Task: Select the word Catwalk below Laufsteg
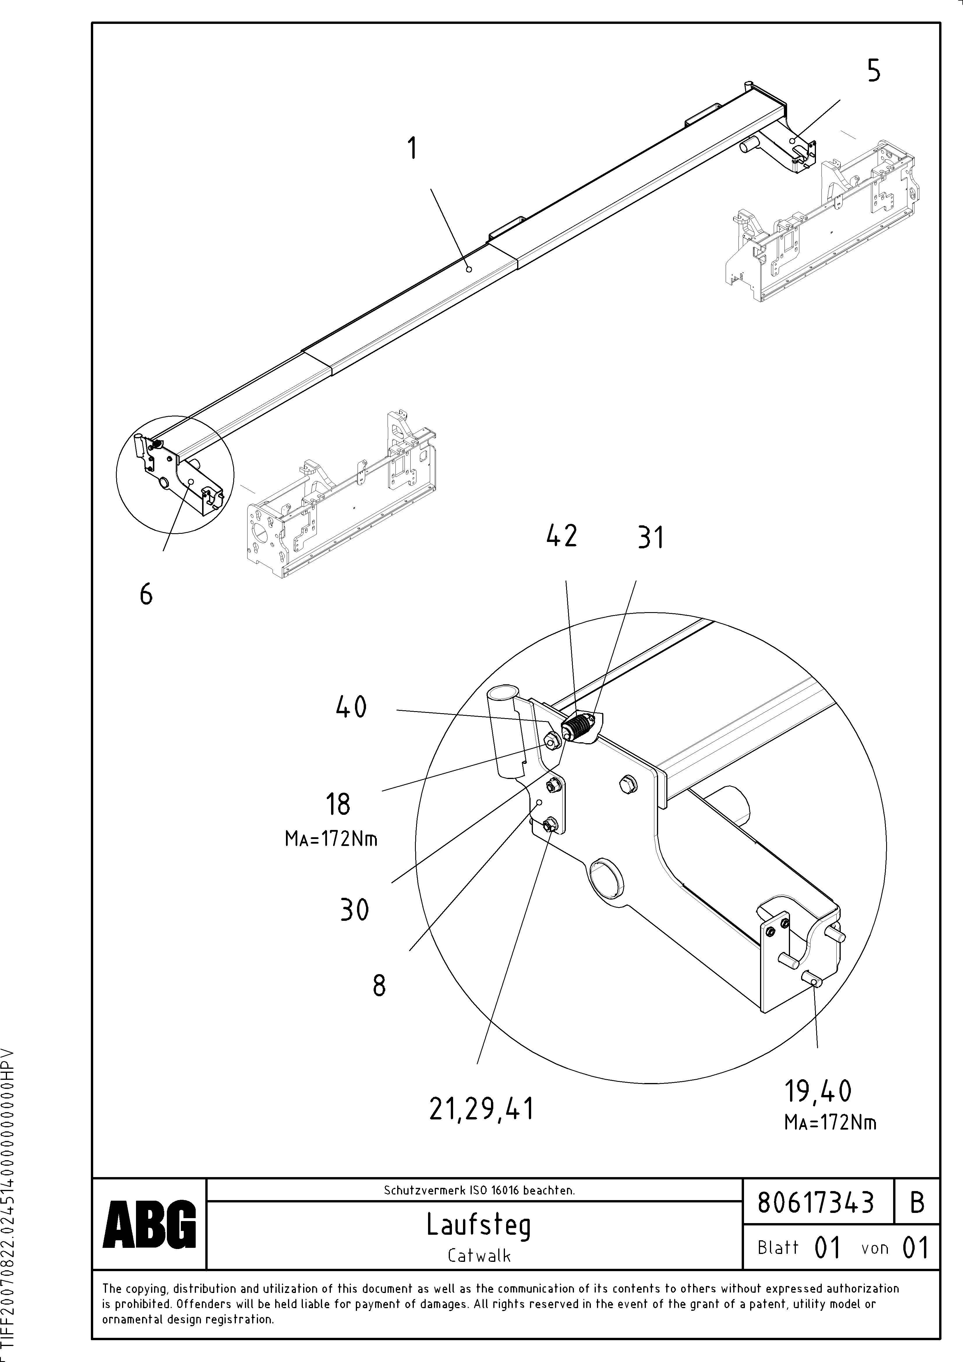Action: [479, 1255]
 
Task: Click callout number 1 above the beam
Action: [412, 148]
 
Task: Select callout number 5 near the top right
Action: [873, 71]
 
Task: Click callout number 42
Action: [561, 536]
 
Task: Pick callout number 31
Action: [651, 538]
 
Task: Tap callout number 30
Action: [355, 909]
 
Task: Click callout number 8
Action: [379, 986]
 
